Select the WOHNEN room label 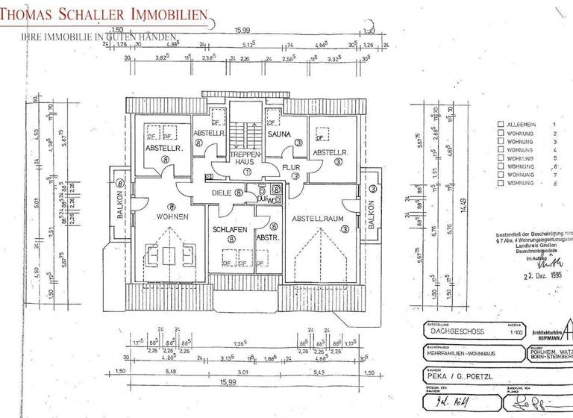172,216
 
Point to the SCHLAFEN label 230,230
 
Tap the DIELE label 222,192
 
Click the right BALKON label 372,213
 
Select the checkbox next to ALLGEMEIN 501,125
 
